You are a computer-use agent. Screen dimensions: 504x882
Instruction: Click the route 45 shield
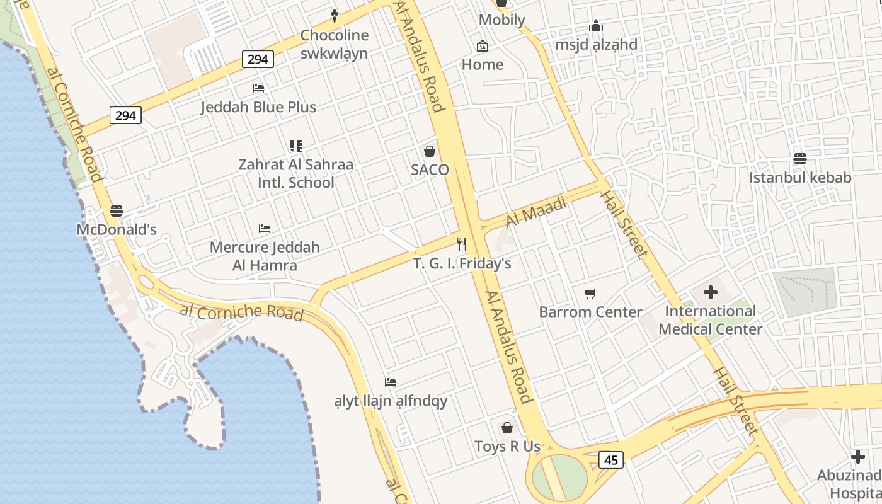[x=610, y=460]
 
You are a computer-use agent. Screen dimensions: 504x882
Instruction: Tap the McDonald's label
[x=117, y=229]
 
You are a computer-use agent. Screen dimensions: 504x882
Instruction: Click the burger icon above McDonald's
[x=117, y=211]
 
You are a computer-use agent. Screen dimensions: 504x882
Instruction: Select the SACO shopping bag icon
[x=430, y=151]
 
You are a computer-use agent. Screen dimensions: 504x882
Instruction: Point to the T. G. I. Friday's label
[x=462, y=263]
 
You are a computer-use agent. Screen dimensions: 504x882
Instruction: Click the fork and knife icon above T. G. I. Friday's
[x=462, y=244]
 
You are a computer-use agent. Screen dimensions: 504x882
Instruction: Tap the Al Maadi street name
[x=536, y=212]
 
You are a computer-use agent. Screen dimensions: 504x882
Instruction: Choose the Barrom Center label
[x=590, y=312]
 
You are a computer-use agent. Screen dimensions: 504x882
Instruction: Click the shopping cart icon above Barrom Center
[x=590, y=294]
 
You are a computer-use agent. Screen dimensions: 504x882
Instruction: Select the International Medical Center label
[x=711, y=320]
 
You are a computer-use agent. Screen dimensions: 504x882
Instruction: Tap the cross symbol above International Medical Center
[x=711, y=292]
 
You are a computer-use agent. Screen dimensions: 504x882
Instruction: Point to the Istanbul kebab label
[x=800, y=178]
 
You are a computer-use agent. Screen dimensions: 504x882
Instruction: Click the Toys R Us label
[x=507, y=447]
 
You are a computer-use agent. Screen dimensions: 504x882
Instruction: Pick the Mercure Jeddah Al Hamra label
[x=265, y=256]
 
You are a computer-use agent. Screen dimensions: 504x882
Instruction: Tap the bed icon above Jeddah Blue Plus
[x=258, y=88]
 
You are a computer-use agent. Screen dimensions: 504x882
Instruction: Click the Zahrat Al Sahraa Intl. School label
[x=295, y=173]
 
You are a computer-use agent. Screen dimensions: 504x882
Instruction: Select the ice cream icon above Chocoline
[x=335, y=16]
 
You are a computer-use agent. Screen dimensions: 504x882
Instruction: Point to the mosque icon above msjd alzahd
[x=596, y=26]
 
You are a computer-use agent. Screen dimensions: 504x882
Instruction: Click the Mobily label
[x=501, y=20]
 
